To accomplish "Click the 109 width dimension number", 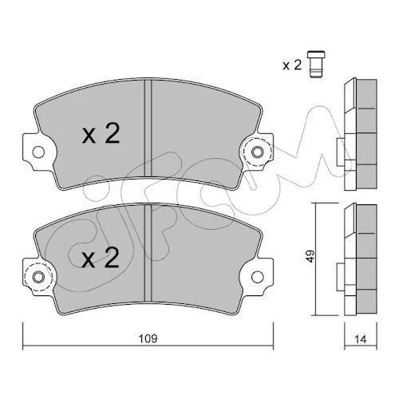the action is click(x=148, y=338).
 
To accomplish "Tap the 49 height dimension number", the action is click(x=310, y=256).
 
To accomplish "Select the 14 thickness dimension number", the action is click(x=361, y=339).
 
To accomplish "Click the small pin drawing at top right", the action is click(x=316, y=64).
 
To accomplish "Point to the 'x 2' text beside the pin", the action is click(x=292, y=65).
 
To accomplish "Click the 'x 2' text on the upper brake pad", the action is click(x=101, y=133).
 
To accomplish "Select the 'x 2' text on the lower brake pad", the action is click(x=101, y=258).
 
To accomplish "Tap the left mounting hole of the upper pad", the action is click(x=38, y=152).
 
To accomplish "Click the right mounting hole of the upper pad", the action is click(x=257, y=152).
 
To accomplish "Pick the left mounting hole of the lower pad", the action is click(x=38, y=277).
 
